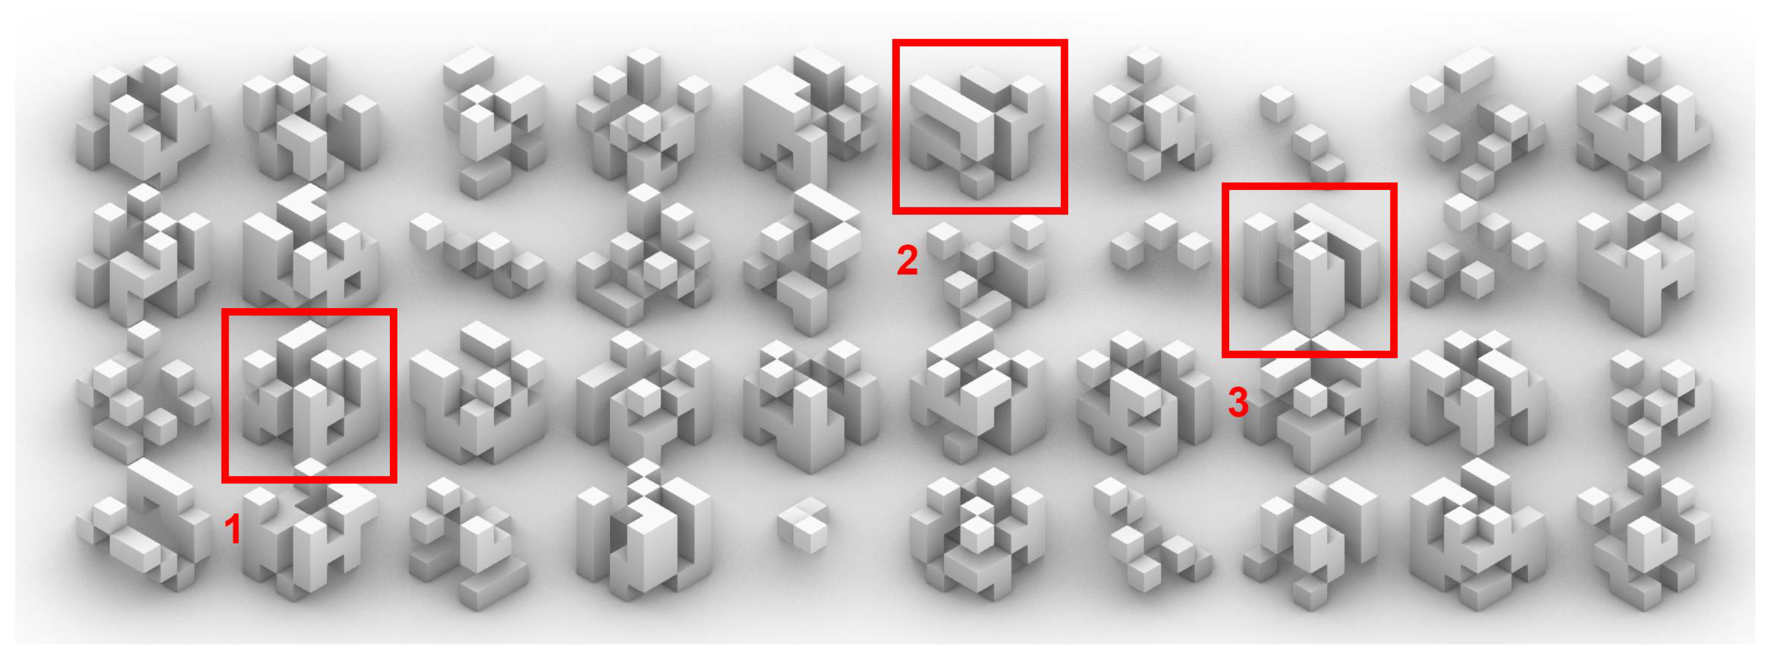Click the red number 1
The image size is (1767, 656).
(x=232, y=529)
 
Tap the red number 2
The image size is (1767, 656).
(x=907, y=260)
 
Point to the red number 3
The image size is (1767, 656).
(x=1237, y=402)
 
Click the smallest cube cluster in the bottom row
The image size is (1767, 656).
(x=803, y=524)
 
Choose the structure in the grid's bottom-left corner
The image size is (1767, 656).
(x=144, y=524)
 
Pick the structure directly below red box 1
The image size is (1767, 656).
(x=310, y=542)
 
